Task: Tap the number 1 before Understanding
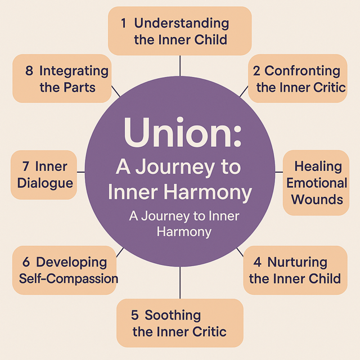(x=123, y=23)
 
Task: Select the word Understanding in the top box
(x=182, y=23)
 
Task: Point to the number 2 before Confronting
(x=256, y=71)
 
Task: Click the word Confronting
(x=303, y=71)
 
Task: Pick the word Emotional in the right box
(x=317, y=183)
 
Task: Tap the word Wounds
(x=317, y=199)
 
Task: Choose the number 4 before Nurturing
(x=257, y=262)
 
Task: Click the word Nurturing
(x=298, y=262)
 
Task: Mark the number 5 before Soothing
(x=134, y=315)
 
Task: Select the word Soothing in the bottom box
(x=173, y=315)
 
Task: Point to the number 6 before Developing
(x=26, y=262)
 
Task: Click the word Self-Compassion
(x=69, y=278)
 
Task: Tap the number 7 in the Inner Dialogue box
(x=26, y=166)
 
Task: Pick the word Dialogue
(x=45, y=183)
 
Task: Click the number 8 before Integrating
(x=29, y=71)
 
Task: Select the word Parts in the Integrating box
(x=79, y=87)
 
